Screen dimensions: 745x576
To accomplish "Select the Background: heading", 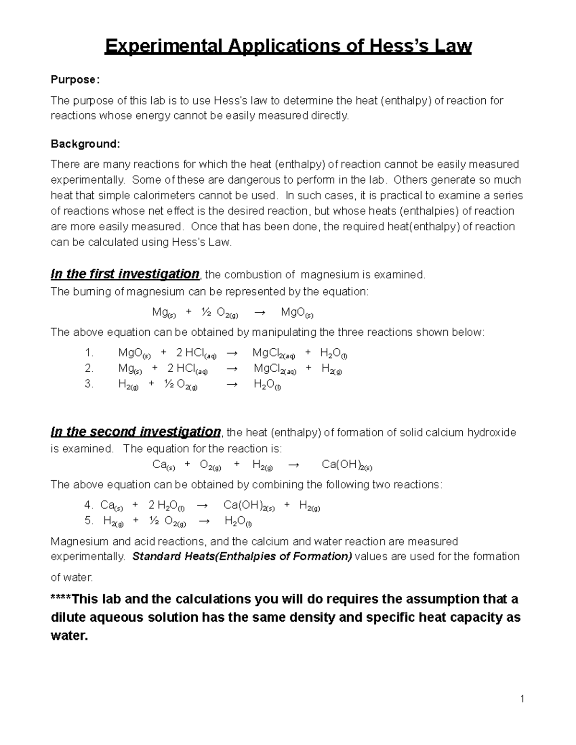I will [85, 144].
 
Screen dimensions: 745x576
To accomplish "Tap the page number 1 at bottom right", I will [522, 699].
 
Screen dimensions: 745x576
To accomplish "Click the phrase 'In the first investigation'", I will [125, 274].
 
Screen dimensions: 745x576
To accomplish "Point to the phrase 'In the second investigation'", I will [135, 432].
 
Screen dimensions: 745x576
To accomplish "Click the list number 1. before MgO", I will [89, 353].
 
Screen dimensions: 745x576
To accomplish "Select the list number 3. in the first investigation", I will [89, 384].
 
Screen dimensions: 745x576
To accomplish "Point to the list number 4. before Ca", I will [88, 505].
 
